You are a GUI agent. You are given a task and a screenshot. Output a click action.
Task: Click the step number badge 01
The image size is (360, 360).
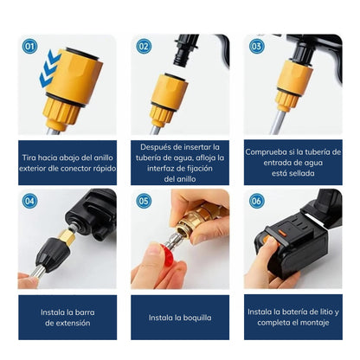(30, 47)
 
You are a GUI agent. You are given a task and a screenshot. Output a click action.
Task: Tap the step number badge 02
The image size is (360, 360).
(144, 47)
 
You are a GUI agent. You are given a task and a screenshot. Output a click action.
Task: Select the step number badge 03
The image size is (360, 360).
(256, 47)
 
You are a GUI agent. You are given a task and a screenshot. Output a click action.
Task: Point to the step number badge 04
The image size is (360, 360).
(30, 201)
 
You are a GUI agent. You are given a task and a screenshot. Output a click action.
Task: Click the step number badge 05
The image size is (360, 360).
(144, 201)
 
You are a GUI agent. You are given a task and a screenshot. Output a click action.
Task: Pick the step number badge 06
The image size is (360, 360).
(256, 201)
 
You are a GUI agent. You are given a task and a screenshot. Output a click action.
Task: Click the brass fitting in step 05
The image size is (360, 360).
(194, 227)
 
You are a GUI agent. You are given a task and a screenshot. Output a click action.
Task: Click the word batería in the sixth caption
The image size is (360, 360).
(294, 311)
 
